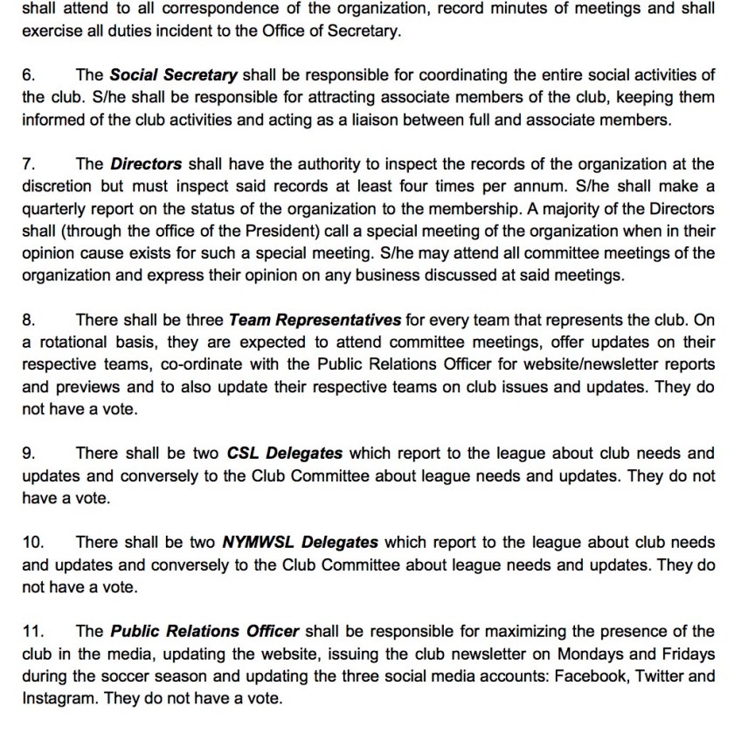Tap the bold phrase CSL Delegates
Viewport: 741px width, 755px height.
284,453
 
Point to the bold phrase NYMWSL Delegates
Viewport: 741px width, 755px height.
300,542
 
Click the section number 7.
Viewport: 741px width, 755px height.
27,163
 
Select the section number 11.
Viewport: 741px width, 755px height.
32,631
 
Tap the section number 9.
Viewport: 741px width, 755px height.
27,453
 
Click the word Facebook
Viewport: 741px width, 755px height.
594,675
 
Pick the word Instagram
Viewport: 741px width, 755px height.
55,698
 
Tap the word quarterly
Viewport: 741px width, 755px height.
53,208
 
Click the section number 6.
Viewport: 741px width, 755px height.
27,74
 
